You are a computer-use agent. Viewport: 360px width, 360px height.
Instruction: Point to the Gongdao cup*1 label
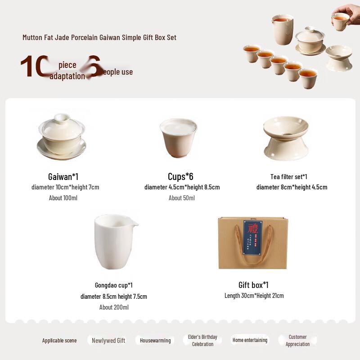pos(113,285)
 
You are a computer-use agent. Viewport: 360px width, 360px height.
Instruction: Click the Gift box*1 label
pos(253,285)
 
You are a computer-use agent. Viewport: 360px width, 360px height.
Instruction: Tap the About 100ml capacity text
pos(63,198)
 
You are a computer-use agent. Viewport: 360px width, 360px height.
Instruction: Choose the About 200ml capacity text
pos(114,307)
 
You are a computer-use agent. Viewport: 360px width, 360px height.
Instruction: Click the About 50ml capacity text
pos(182,198)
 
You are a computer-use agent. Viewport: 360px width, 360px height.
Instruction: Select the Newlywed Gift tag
pos(108,341)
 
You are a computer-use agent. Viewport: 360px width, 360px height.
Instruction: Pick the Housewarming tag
pos(155,341)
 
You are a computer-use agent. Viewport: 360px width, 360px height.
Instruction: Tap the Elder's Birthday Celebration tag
pos(202,340)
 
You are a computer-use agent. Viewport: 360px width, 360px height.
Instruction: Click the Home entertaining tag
pos(250,340)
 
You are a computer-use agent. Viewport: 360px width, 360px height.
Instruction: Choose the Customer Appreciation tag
pos(297,340)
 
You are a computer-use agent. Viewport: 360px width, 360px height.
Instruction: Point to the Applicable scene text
pos(59,341)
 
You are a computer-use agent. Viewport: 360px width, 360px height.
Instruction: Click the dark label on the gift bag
pos(252,237)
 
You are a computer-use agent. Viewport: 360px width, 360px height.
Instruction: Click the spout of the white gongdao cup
pos(134,223)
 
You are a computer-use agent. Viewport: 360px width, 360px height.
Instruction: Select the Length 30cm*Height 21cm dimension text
pos(254,296)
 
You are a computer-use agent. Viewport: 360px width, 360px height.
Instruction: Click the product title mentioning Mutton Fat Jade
pos(99,37)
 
